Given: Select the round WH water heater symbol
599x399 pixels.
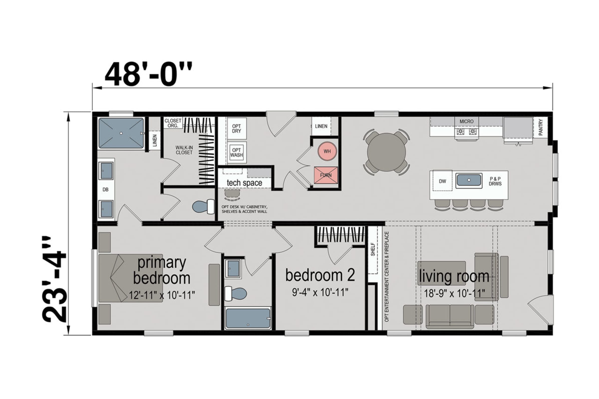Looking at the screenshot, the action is tap(327, 151).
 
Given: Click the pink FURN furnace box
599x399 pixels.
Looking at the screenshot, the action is tap(326, 175).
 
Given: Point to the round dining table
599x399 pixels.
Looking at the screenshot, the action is tap(386, 152).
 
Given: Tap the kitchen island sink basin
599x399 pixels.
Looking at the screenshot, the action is tap(469, 180).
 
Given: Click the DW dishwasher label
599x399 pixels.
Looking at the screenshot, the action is tap(443, 181).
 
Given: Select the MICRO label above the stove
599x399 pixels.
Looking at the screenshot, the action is tap(466, 121).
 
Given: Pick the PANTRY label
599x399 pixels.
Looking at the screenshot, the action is tap(541, 127).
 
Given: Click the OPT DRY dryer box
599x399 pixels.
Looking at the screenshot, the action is tap(236, 129).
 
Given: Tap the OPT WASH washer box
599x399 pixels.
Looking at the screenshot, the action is tap(236, 153).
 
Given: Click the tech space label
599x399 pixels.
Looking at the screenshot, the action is tap(244, 183).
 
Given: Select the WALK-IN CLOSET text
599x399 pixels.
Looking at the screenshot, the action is tap(184, 150).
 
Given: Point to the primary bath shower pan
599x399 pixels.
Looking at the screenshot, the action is tap(121, 133).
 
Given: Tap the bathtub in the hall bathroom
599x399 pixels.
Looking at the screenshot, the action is tap(248, 318).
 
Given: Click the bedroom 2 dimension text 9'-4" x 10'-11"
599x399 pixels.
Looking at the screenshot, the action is tap(320, 292).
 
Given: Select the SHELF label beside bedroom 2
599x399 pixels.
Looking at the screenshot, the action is tap(373, 249).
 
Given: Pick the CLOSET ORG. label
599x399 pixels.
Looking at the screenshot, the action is tap(173, 123).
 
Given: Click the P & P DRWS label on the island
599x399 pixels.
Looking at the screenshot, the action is tap(495, 181).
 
